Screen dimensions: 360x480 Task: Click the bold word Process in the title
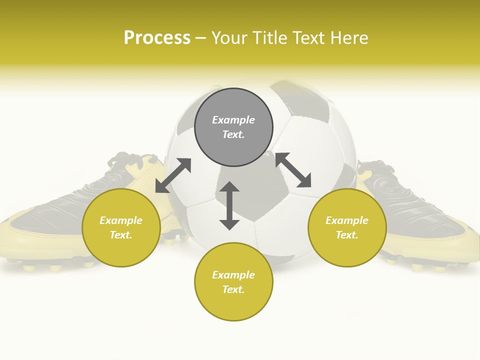tap(157, 38)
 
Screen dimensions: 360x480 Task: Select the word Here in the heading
tap(349, 38)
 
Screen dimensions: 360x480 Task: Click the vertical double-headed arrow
tap(229, 205)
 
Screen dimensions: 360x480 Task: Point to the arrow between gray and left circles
tap(173, 175)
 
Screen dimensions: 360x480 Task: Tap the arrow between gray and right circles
tap(293, 170)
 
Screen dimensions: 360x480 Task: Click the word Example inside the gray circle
tap(233, 120)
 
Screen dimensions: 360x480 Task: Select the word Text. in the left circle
tap(121, 235)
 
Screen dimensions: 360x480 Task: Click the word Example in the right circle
tap(347, 220)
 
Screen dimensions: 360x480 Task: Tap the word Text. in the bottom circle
tap(233, 289)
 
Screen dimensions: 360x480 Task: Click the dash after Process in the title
tap(200, 38)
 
